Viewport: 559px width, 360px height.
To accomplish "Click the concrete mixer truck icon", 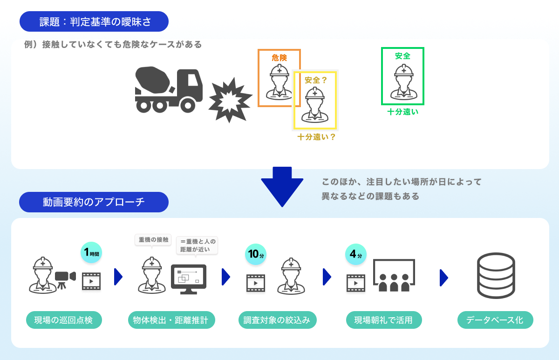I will [x=169, y=90].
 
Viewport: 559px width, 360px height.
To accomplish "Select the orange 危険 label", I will [x=279, y=58].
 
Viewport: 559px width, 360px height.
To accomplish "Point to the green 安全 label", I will [x=402, y=56].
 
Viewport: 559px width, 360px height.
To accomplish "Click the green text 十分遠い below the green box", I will [x=402, y=112].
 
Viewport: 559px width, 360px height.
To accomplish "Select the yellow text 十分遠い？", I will [x=317, y=137].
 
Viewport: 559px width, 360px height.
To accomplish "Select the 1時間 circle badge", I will [x=91, y=253].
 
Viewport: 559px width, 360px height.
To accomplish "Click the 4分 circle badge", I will [x=355, y=254].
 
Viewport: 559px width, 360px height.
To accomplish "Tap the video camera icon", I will [x=65, y=278].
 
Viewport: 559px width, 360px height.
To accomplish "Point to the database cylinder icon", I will [x=496, y=277].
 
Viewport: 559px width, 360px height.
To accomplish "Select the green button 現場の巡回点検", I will [x=64, y=320].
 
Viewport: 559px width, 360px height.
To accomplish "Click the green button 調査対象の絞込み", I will [x=277, y=320].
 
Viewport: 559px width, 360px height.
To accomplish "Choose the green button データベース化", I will [x=495, y=320].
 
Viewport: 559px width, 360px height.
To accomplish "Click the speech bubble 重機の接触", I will [x=153, y=240].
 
